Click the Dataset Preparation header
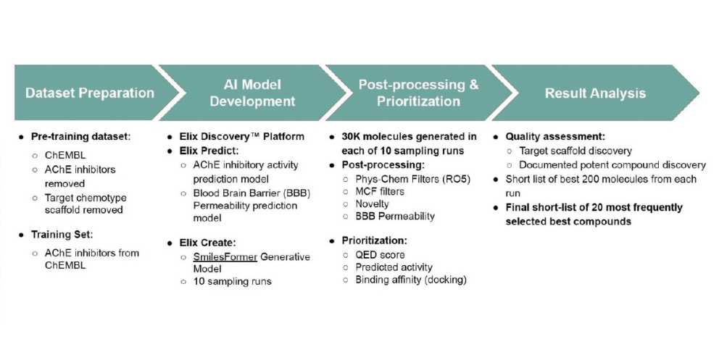pos(89,93)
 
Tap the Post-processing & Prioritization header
pos(418,93)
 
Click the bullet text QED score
pos(380,254)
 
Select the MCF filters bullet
pos(380,191)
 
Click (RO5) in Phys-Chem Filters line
pos(457,178)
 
